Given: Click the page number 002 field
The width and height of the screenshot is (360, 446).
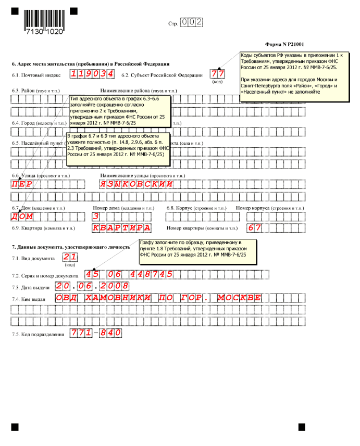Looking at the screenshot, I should tap(191, 22).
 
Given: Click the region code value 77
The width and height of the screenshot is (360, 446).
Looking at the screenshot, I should tap(217, 74).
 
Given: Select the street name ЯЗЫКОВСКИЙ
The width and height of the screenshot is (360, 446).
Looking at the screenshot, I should tap(136, 185).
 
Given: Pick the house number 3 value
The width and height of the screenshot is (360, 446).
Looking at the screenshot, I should tap(96, 216).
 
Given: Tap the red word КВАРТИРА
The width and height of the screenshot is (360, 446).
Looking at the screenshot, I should tap(121, 228).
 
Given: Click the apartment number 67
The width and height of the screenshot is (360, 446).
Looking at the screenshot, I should tap(254, 228).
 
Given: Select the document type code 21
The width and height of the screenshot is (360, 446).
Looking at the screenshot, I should tap(69, 257).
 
